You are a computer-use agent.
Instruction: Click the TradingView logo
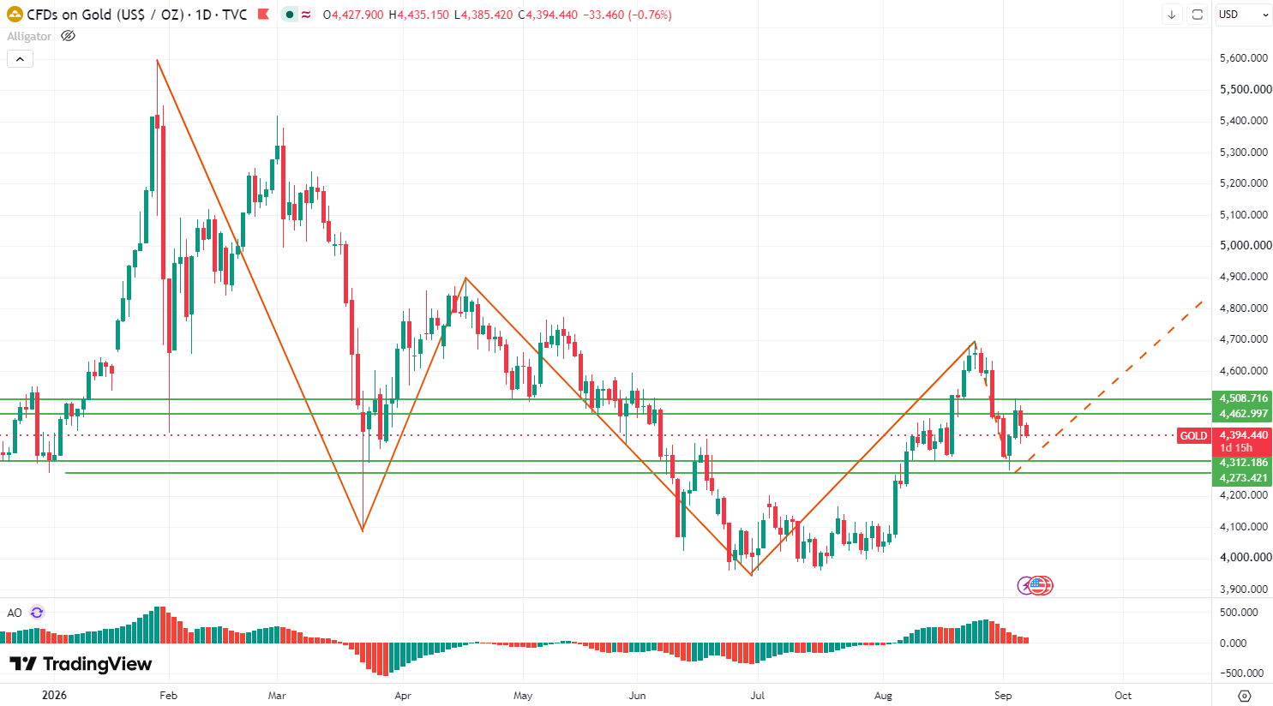tap(81, 663)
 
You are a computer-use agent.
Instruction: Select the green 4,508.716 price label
tap(1242, 398)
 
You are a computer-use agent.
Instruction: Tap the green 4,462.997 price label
tap(1242, 414)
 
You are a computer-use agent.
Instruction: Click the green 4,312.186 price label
tap(1242, 463)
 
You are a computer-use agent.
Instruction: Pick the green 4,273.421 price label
tap(1242, 478)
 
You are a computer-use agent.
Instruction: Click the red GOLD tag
tap(1193, 435)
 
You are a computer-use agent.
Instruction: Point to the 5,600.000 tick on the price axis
tap(1244, 58)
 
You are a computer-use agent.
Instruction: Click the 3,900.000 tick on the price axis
tap(1244, 589)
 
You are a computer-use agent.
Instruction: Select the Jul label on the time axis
tap(757, 695)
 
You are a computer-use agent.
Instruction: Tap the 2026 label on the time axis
tap(55, 695)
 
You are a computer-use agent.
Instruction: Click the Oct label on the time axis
tap(1123, 695)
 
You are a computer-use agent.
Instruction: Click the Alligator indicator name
tap(29, 36)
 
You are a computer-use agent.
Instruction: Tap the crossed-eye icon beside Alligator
tap(68, 36)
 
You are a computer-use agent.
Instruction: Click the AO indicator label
tap(15, 613)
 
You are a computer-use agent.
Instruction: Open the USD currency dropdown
tap(1244, 15)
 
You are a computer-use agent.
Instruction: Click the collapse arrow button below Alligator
tap(20, 59)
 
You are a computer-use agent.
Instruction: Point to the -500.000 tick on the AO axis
tap(1244, 673)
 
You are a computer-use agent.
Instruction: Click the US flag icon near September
tap(1038, 585)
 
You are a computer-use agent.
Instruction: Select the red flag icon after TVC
tap(263, 15)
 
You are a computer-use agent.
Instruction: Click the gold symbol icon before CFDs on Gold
tap(15, 15)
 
